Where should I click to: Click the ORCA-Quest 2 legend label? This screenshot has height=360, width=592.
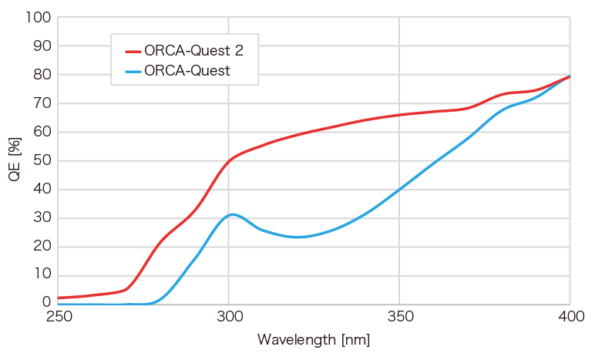tap(193, 51)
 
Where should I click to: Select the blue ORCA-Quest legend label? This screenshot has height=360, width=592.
tap(187, 71)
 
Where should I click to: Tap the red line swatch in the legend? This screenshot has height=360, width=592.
tap(133, 52)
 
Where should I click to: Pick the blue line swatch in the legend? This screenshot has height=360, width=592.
tap(133, 72)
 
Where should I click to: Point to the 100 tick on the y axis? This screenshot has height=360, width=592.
tap(39, 17)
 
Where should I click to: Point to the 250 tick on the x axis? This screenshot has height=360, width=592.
tap(59, 317)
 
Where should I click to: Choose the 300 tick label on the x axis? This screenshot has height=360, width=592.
tap(229, 317)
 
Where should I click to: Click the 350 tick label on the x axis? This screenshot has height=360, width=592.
tap(399, 317)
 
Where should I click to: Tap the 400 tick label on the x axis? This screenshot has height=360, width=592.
tap(570, 317)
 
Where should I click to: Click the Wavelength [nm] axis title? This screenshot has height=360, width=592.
tap(314, 339)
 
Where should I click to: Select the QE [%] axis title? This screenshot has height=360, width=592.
tap(14, 160)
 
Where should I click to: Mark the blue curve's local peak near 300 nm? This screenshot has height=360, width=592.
tap(232, 214)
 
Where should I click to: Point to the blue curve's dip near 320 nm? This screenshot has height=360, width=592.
tap(297, 237)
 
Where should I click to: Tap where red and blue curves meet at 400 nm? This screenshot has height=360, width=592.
tap(570, 76)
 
